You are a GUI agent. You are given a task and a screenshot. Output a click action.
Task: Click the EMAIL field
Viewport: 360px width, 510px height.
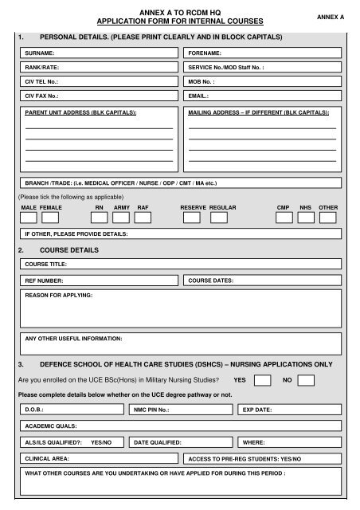tap(261, 96)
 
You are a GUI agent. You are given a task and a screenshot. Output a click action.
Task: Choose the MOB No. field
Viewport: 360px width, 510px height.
tap(261, 81)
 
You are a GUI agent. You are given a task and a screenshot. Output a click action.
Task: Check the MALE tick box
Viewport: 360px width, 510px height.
tap(28, 218)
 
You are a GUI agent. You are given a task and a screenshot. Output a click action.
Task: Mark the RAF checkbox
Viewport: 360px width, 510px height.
tap(143, 218)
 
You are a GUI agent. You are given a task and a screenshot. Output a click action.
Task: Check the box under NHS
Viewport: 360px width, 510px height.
tap(305, 218)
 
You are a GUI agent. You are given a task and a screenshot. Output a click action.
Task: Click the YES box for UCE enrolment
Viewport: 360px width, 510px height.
tap(263, 380)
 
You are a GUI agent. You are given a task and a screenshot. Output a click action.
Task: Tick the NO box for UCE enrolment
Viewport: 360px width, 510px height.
tap(306, 380)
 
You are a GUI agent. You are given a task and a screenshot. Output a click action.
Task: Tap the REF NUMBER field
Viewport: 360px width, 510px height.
tap(100, 280)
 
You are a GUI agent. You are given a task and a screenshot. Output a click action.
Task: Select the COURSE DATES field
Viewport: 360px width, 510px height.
tap(261, 280)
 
